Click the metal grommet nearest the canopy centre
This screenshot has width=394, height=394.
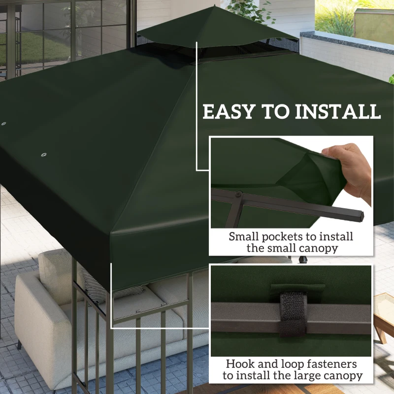[x=43, y=156]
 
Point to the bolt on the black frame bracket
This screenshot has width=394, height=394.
[x=238, y=196]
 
